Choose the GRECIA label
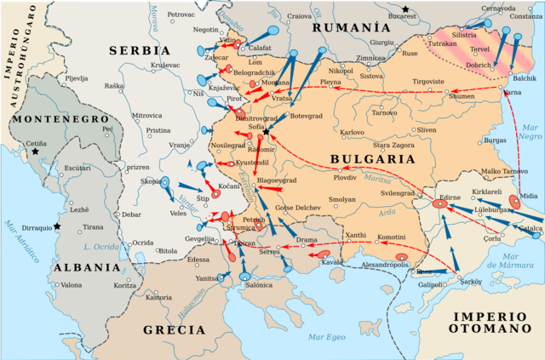tap(175, 329)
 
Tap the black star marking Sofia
tap(267, 133)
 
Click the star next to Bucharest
tap(407, 9)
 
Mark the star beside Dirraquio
tap(57, 226)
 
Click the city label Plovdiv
tap(345, 177)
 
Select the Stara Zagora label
tap(393, 146)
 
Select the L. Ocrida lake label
tap(100, 247)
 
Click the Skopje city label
tap(151, 181)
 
